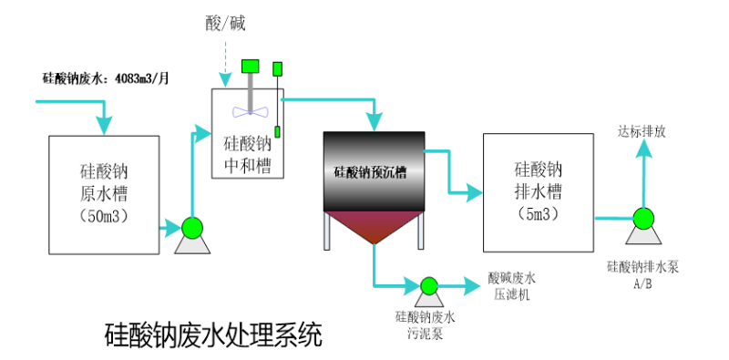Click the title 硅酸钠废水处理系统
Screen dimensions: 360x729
[214, 334]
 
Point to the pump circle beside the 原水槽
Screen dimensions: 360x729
[192, 227]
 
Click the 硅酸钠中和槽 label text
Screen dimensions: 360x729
[247, 154]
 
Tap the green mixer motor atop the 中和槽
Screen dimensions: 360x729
[250, 65]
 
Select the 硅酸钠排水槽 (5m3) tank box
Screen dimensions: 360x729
[538, 192]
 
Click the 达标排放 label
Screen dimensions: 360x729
[642, 131]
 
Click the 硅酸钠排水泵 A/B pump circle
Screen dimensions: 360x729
[642, 218]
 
